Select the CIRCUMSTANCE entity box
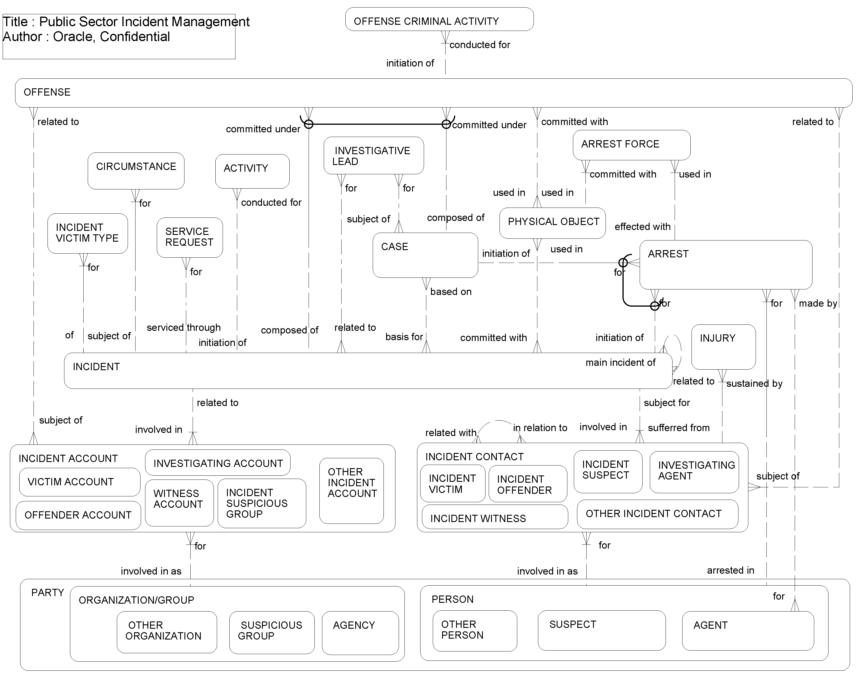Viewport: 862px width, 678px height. pyautogui.click(x=136, y=171)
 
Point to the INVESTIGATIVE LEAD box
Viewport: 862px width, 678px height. pyautogui.click(x=374, y=156)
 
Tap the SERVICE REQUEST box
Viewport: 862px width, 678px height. pyautogui.click(x=189, y=237)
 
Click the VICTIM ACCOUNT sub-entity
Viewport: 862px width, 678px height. pyautogui.click(x=79, y=482)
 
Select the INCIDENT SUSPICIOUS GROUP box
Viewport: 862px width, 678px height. pyautogui.click(x=261, y=503)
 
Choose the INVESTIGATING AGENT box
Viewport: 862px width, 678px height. pyautogui.click(x=694, y=472)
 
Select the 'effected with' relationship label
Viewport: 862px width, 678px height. pyautogui.click(x=642, y=227)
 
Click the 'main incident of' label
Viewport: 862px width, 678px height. pyautogui.click(x=620, y=362)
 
